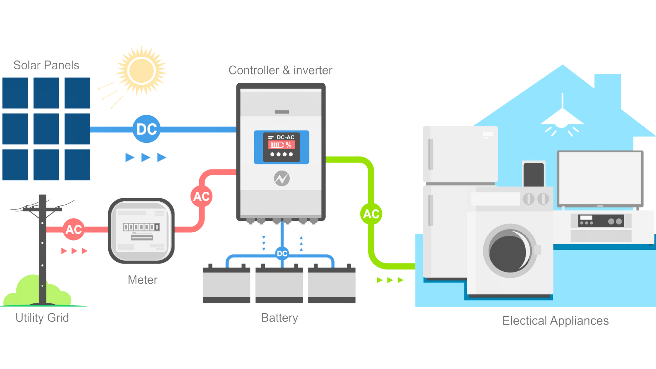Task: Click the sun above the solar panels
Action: coord(141,71)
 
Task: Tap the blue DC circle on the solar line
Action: coord(147,129)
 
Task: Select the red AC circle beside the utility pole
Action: coord(73,229)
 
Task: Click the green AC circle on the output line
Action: coord(371,214)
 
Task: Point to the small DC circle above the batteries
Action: coord(282,254)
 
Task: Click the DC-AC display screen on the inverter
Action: coord(282,147)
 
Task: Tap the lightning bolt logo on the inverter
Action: coord(282,178)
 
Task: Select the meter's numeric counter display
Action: coord(141,227)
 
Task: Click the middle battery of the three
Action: coord(279,285)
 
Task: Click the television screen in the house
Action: coord(600,179)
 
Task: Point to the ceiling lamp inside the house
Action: coord(562,118)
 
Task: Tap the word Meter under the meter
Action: coord(143,280)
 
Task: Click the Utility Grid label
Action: coord(42,318)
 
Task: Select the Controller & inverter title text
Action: coord(280,70)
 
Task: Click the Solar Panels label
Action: coord(46,65)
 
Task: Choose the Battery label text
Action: coord(280,318)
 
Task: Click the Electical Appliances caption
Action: coord(555,321)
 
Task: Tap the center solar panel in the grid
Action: coord(46,129)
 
